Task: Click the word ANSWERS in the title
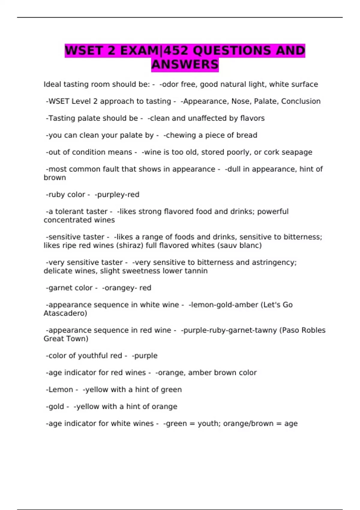(x=185, y=64)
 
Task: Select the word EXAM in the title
(x=139, y=50)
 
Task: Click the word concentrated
(x=79, y=220)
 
